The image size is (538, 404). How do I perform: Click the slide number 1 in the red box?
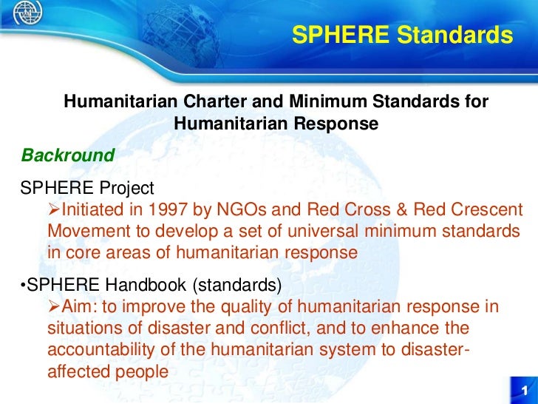click(523, 391)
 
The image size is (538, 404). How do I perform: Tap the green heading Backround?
click(68, 156)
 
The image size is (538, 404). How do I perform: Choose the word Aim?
click(81, 307)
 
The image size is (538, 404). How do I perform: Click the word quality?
click(232, 307)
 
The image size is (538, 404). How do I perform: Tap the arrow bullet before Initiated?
click(52, 209)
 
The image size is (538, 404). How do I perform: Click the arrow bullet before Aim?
click(52, 307)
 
